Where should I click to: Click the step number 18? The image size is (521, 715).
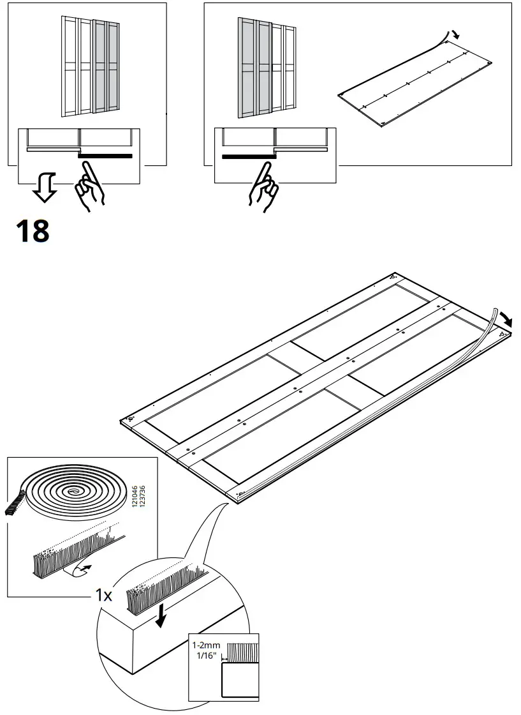point(32,231)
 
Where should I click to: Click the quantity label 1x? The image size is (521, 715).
point(103,596)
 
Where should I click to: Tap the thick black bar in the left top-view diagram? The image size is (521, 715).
point(105,155)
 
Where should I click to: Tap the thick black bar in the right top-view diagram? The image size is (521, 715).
point(247,155)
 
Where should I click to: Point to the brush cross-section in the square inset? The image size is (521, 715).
point(242,652)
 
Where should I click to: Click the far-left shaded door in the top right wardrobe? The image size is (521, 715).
point(246,67)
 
